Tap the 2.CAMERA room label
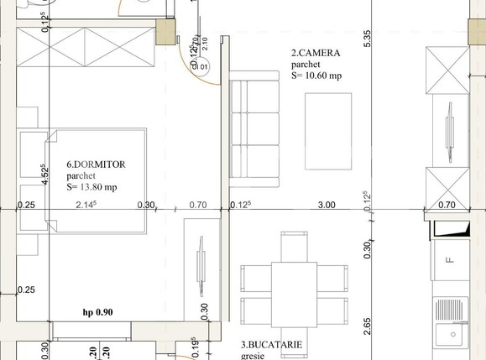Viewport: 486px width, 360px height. coord(316,53)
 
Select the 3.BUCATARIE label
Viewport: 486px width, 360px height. coord(271,344)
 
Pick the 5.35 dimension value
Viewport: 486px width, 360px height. coord(368,38)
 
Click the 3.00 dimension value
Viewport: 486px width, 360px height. coord(326,205)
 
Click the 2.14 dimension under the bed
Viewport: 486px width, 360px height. coord(86,205)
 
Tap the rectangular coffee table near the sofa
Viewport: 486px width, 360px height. coord(329,131)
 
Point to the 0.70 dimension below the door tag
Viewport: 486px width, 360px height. coord(198,205)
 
